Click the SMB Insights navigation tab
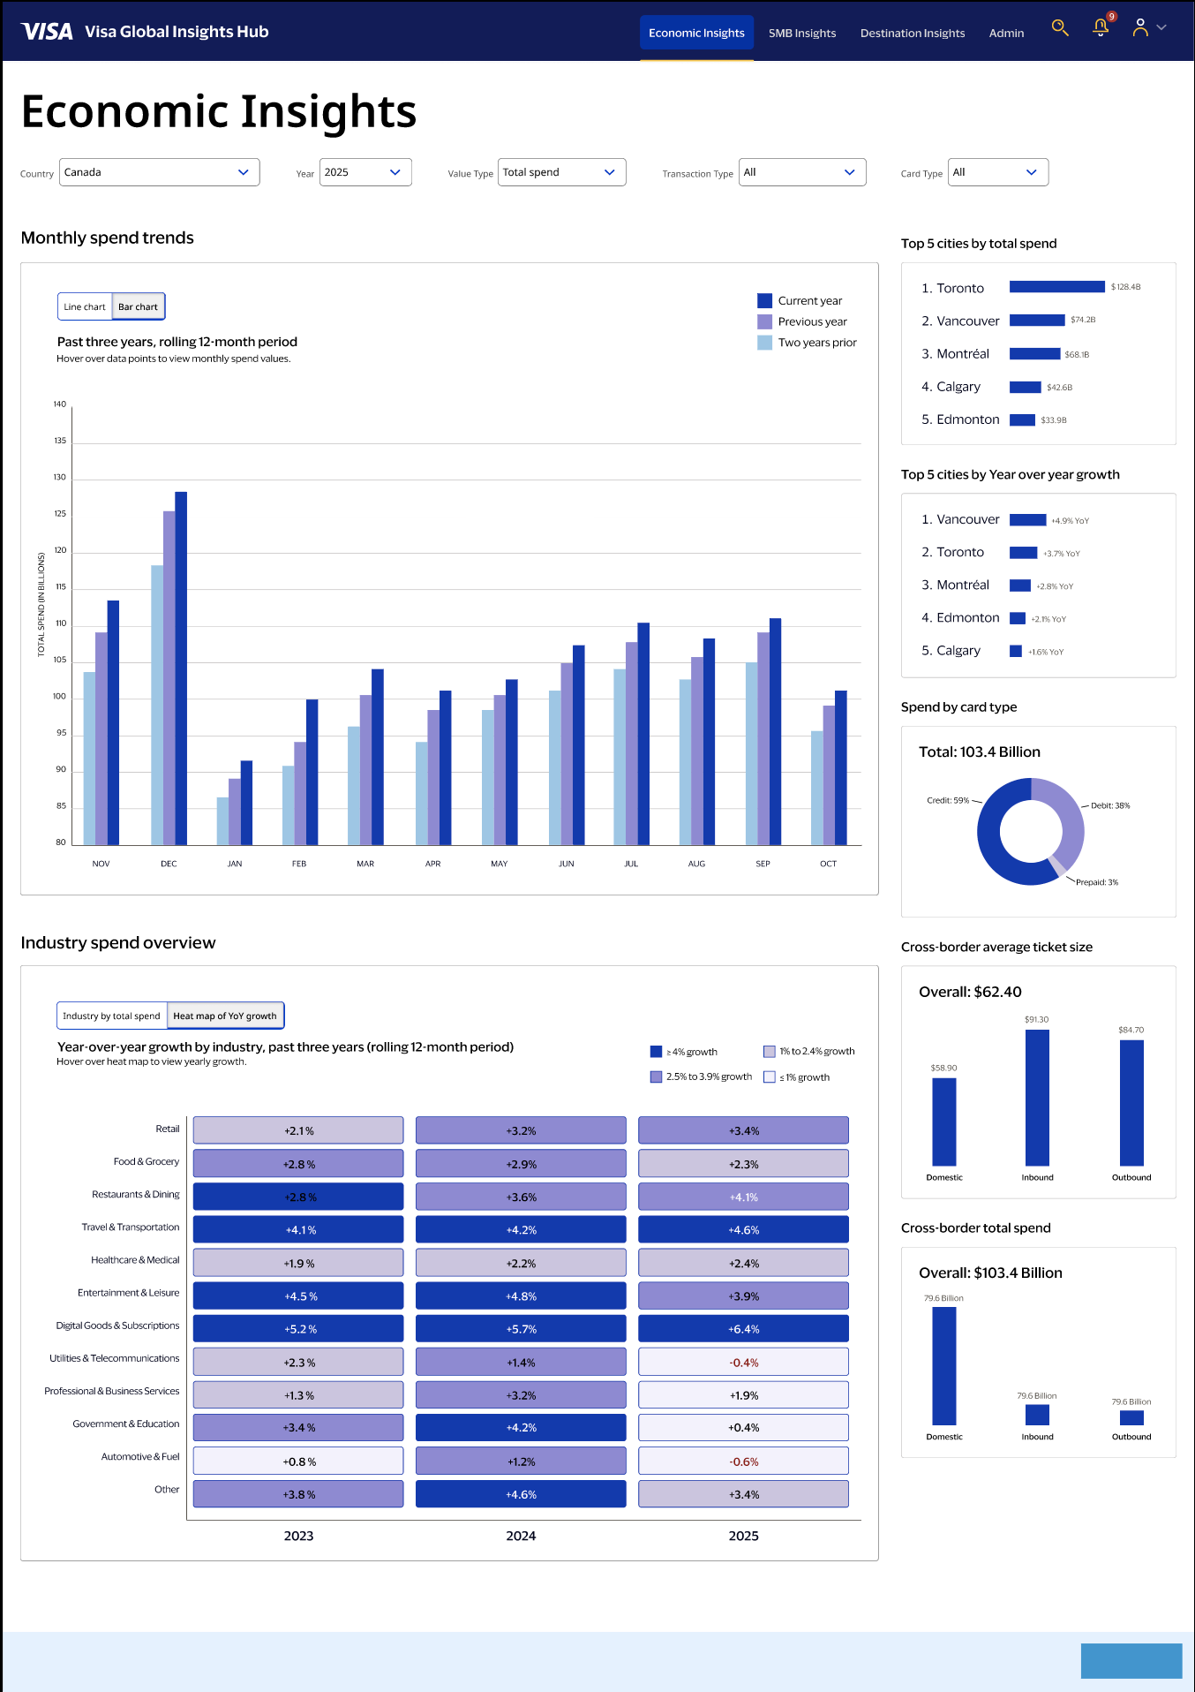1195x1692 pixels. click(x=801, y=34)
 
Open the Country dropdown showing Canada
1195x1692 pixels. click(x=159, y=172)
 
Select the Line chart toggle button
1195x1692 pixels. click(x=85, y=307)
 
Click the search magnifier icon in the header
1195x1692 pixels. click(x=1060, y=28)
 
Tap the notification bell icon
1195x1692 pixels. click(x=1101, y=28)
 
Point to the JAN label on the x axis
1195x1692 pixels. click(x=235, y=864)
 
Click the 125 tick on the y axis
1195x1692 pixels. click(x=60, y=514)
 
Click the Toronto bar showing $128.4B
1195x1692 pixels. click(x=1056, y=287)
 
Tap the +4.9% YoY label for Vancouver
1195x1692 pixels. click(x=1070, y=521)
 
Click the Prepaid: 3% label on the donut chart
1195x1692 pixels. click(x=1096, y=882)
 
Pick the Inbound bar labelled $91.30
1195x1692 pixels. click(x=1037, y=1098)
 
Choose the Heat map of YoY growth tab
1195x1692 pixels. click(x=225, y=1016)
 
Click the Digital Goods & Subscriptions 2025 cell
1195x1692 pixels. click(x=743, y=1329)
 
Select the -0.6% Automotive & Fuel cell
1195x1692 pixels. click(x=743, y=1462)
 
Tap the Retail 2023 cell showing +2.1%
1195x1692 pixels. click(x=298, y=1131)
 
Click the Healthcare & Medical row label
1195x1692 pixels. click(x=135, y=1260)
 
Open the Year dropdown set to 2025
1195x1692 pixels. click(x=365, y=172)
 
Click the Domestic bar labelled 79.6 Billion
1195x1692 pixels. click(x=943, y=1365)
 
